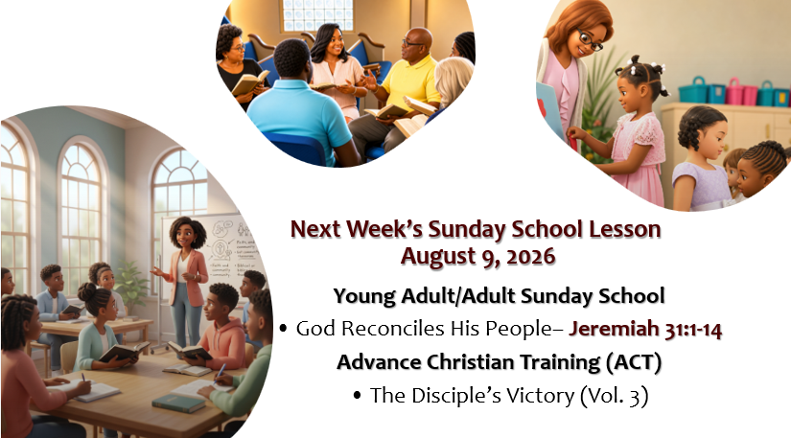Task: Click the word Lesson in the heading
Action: pyautogui.click(x=625, y=229)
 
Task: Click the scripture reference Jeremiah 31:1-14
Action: pyautogui.click(x=645, y=329)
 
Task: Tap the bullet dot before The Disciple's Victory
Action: pyautogui.click(x=358, y=396)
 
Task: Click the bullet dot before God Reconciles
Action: pyautogui.click(x=283, y=329)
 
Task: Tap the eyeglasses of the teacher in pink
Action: pyautogui.click(x=590, y=40)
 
